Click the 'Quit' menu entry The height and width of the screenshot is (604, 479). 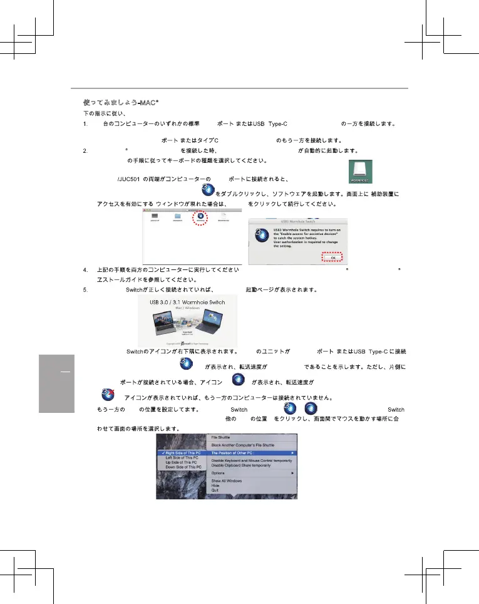coord(215,491)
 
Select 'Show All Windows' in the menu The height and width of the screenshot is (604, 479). coord(226,481)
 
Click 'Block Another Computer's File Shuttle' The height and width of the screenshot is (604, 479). coord(242,445)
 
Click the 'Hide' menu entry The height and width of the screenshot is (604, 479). coord(215,486)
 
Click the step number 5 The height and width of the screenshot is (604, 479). coord(85,289)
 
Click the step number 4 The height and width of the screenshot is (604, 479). coord(85,269)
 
